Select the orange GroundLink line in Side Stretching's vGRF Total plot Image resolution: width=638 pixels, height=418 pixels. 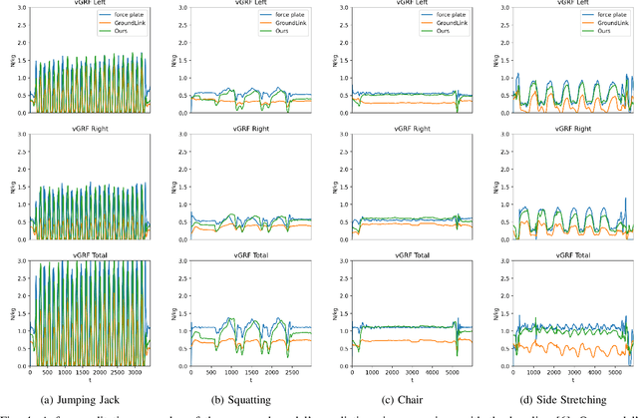tap(558, 350)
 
